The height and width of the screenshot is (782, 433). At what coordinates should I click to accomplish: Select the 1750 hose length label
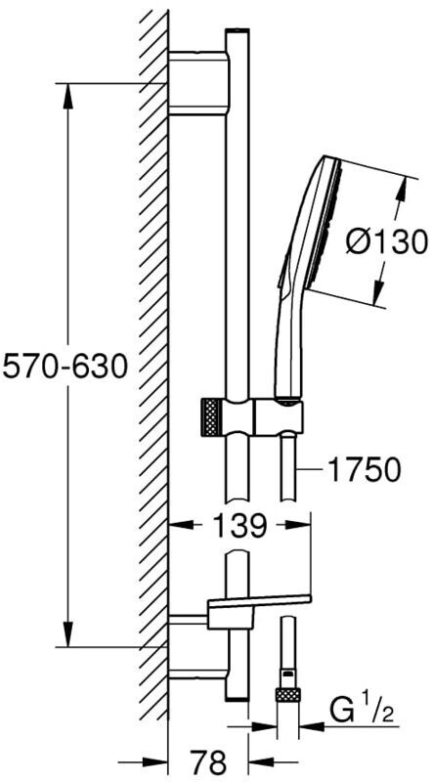[x=365, y=470]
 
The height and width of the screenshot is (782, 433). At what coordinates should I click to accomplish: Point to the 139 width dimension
[x=238, y=525]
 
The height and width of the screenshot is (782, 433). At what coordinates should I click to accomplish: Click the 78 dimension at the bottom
[x=208, y=761]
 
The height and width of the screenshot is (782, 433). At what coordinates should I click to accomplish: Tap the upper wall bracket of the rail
[x=198, y=83]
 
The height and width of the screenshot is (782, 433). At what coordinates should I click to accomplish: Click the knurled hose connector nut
[x=287, y=695]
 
